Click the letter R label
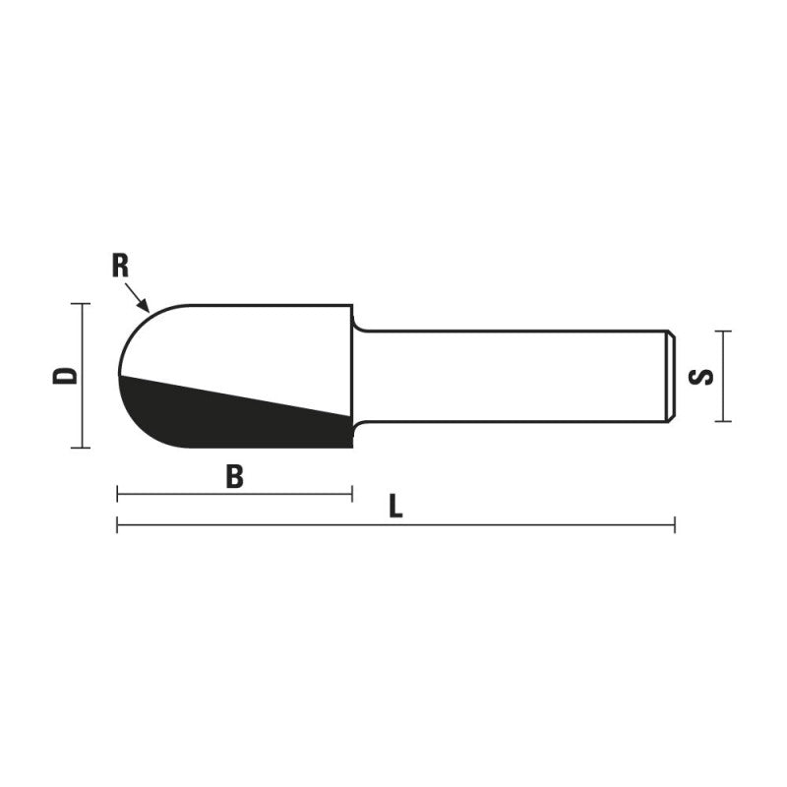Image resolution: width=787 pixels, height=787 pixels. point(121,266)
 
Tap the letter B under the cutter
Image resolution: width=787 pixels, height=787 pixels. point(234,477)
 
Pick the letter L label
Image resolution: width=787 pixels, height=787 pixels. point(395,507)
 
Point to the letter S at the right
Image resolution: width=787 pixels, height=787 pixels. point(700,376)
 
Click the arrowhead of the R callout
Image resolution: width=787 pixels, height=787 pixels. point(146,307)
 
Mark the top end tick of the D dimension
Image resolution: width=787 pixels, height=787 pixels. point(81,304)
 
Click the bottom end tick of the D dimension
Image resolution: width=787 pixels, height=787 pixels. point(81,448)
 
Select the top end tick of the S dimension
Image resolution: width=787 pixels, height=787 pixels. point(723,331)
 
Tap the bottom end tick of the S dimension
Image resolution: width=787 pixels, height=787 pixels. point(723,421)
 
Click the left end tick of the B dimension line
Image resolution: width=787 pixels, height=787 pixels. point(117,494)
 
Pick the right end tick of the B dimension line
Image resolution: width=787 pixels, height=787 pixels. point(351,494)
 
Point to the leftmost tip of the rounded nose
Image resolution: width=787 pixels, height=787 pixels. point(119,376)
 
